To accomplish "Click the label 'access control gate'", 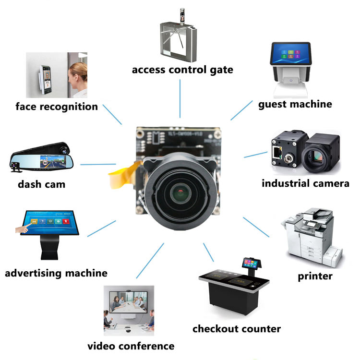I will click(x=182, y=70).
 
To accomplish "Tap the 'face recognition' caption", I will click(x=57, y=106).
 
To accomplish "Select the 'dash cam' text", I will click(x=41, y=184).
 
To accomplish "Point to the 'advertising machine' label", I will click(x=56, y=273).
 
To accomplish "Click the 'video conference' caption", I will click(x=131, y=346).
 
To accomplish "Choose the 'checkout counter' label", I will click(x=236, y=329).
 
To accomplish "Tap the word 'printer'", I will click(x=315, y=276).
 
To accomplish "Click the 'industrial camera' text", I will click(x=305, y=183).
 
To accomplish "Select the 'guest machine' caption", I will click(x=295, y=104).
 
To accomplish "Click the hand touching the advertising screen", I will click(x=22, y=229).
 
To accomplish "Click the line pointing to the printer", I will click(x=256, y=227).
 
